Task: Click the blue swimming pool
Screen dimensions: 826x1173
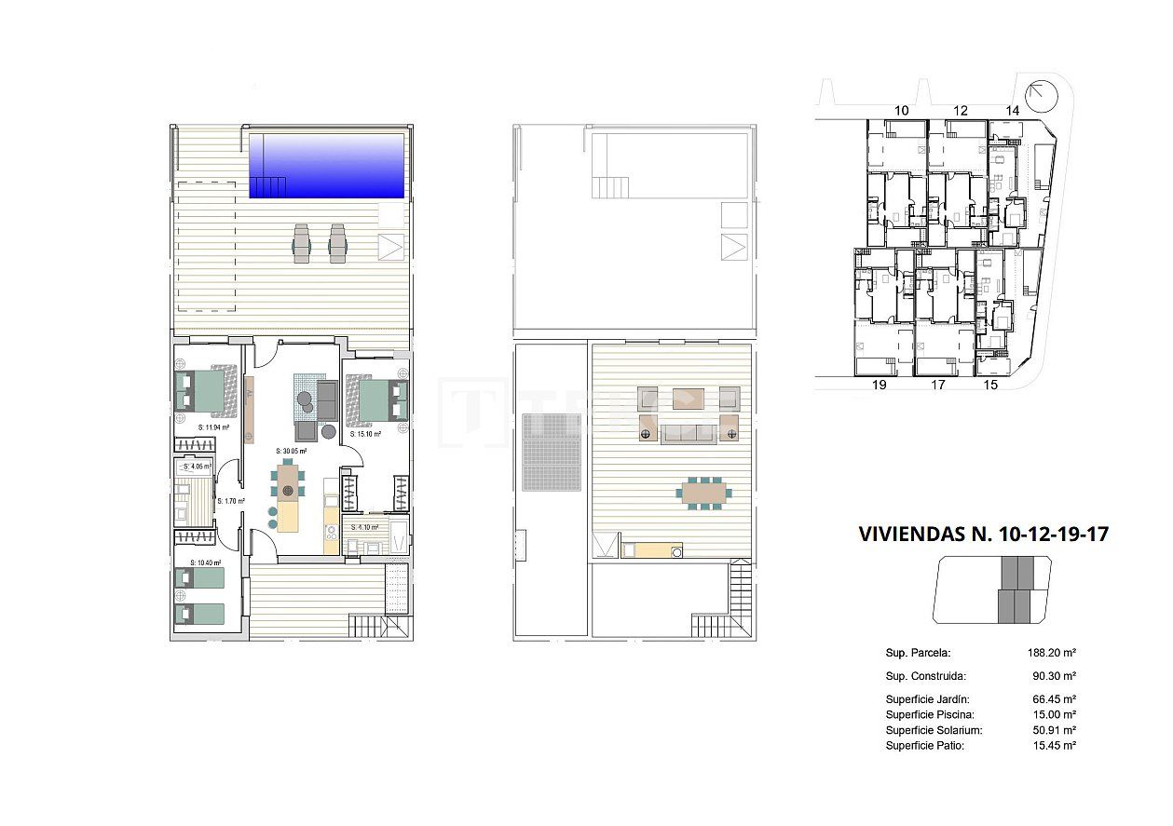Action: point(327,166)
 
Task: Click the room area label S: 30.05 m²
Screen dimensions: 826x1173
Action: point(291,451)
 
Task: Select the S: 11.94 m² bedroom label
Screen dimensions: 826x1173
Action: point(215,427)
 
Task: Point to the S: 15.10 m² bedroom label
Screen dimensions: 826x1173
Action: point(365,434)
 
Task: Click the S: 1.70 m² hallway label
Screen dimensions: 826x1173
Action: point(231,501)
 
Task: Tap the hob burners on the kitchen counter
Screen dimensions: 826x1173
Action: point(331,534)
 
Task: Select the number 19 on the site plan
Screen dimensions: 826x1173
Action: point(878,384)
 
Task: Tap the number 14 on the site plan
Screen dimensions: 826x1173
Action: point(1013,110)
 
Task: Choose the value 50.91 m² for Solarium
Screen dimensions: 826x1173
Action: point(1052,730)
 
